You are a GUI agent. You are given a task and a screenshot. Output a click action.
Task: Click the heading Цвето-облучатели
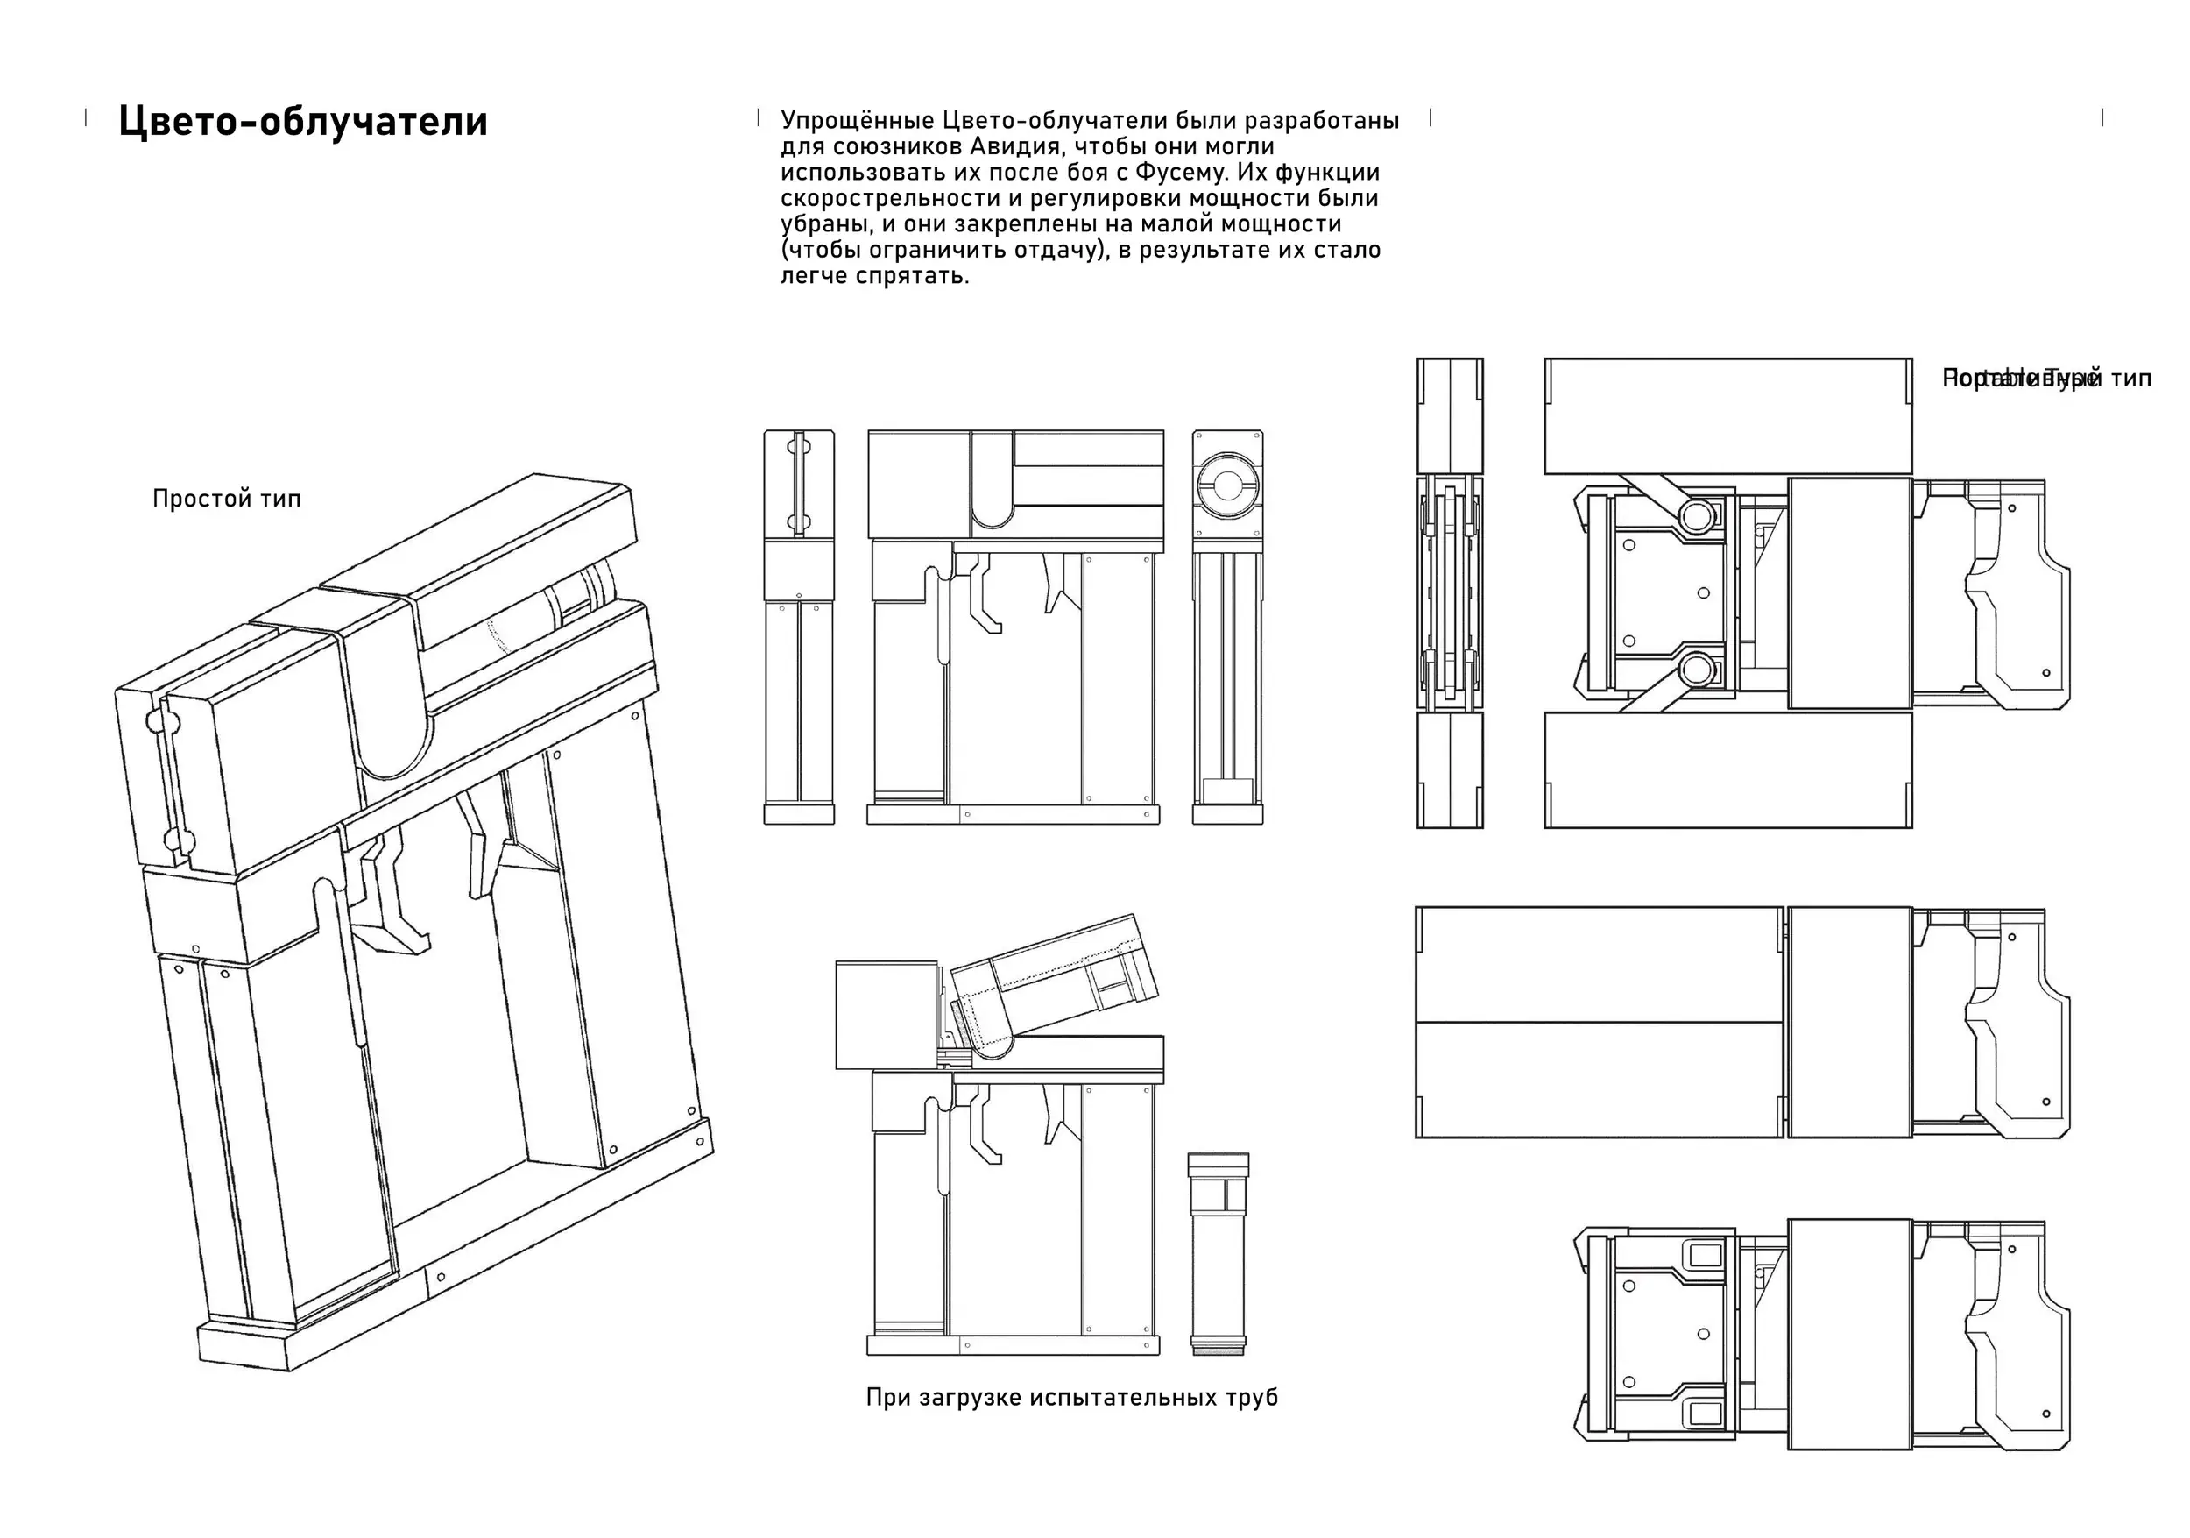click(x=302, y=122)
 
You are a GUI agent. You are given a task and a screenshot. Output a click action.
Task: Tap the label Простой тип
click(x=226, y=498)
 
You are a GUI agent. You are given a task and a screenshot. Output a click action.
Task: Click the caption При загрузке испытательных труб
click(x=1071, y=1398)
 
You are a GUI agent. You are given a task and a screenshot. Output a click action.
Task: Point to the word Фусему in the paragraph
click(x=1174, y=173)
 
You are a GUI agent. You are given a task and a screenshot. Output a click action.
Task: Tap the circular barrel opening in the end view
click(x=1226, y=485)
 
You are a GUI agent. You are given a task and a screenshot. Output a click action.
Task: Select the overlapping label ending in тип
click(x=2046, y=379)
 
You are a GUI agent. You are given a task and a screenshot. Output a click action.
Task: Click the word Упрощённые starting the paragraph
click(x=857, y=121)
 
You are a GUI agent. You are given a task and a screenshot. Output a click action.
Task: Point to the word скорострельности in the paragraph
click(x=882, y=198)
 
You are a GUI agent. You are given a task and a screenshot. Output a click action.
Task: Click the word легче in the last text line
click(x=814, y=276)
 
